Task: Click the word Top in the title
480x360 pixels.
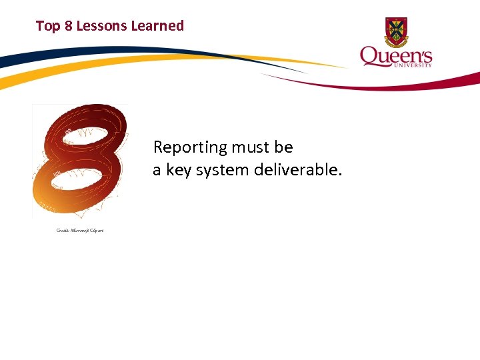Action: coord(47,26)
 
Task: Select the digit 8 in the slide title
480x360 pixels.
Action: coord(68,26)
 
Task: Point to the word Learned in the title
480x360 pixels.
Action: coord(157,26)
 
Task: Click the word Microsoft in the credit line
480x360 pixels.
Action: coord(80,231)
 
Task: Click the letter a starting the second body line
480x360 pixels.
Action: coord(157,171)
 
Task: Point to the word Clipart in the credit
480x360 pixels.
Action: coord(97,231)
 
